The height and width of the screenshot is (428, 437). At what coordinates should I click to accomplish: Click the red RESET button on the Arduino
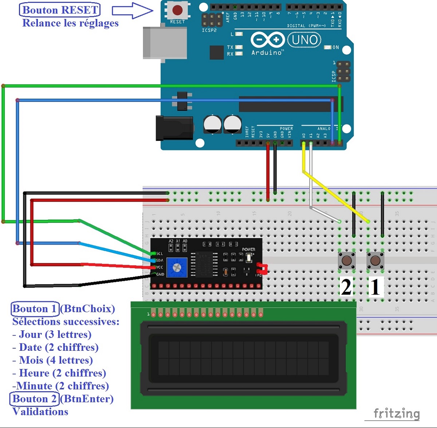[x=177, y=10]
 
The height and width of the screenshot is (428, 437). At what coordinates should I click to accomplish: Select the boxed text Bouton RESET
[x=60, y=10]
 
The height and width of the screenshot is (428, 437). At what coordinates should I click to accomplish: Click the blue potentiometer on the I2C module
[x=177, y=268]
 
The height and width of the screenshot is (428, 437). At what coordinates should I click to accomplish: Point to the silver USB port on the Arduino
[x=165, y=43]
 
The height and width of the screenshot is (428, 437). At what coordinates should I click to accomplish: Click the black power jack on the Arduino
[x=174, y=127]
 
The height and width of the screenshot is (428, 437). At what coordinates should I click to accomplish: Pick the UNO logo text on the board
[x=304, y=40]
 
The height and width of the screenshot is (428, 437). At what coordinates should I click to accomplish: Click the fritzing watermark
[x=397, y=413]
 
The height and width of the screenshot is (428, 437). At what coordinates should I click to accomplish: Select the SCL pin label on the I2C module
[x=160, y=254]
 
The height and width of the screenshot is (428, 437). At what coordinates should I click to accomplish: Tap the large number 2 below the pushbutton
[x=346, y=287]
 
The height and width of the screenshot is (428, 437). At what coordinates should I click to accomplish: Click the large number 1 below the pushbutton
[x=375, y=287]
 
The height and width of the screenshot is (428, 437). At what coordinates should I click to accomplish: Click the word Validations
[x=40, y=412]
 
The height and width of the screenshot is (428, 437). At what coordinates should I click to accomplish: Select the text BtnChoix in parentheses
[x=87, y=309]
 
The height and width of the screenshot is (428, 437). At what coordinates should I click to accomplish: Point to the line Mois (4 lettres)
[x=52, y=360]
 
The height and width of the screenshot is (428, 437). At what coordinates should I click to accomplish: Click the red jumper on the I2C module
[x=263, y=268]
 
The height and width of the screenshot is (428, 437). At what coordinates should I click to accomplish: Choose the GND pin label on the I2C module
[x=160, y=274]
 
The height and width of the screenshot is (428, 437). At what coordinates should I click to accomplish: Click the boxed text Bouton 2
[x=34, y=399]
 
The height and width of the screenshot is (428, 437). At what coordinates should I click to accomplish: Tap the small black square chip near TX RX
[x=217, y=52]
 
